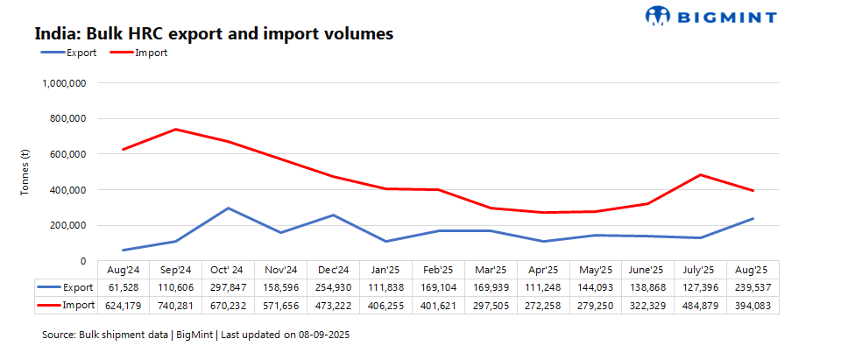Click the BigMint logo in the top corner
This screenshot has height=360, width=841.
coord(710,15)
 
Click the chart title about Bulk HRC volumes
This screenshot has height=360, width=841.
coord(214,34)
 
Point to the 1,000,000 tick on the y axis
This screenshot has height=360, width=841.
coord(64,83)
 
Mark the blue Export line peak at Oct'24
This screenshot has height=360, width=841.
coord(228,208)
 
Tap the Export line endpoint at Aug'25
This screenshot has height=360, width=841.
coord(753,219)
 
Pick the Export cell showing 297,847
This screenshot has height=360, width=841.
coord(228,286)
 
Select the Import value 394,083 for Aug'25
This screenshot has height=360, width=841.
coord(753,304)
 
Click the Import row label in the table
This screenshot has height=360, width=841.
coord(79,304)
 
